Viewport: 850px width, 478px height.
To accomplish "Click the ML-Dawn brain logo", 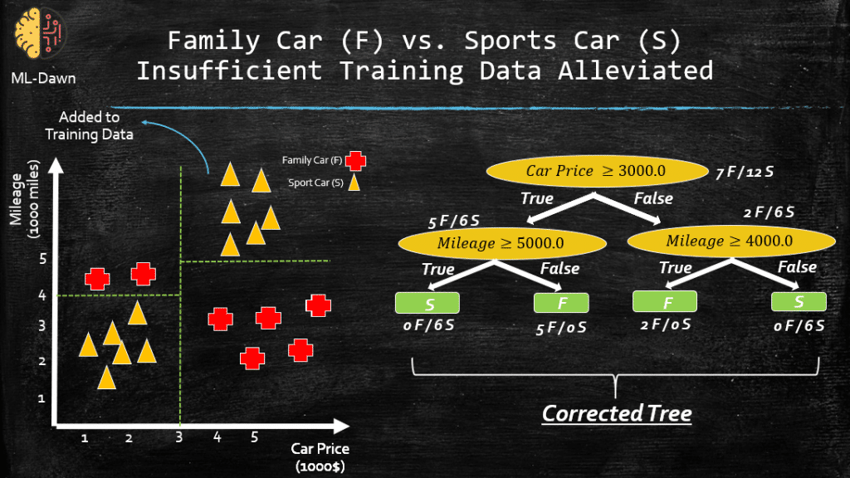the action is [x=40, y=33].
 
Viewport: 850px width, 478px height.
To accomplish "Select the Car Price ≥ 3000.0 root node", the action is [x=597, y=171].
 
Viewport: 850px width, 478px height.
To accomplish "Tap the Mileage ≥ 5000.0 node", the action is [x=501, y=243].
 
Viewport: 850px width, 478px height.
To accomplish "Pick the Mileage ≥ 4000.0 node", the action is [x=730, y=241].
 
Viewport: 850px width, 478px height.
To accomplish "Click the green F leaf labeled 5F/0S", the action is [x=561, y=303].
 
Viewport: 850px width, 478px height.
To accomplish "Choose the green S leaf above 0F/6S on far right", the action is [x=799, y=301].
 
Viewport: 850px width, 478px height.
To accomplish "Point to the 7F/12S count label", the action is [x=745, y=173].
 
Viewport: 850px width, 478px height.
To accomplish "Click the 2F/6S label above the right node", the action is [x=769, y=212].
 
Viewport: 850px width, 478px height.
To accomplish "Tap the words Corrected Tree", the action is [x=617, y=413].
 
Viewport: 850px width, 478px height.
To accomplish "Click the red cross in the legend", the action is [x=355, y=160].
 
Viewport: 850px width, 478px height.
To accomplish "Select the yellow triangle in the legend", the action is [x=354, y=183].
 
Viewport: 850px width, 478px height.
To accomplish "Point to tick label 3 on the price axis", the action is [x=179, y=437].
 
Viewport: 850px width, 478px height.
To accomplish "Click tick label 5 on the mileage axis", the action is [x=43, y=259].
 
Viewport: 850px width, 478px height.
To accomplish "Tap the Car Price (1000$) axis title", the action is [x=320, y=457].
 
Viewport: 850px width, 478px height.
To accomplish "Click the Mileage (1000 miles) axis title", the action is [x=25, y=199].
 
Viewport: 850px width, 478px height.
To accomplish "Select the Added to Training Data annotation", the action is [x=89, y=126].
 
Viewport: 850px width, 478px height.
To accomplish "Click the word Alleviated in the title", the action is [x=635, y=71].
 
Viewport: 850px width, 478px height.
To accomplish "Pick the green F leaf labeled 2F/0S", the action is [x=665, y=301].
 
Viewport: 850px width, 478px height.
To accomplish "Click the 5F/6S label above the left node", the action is [x=454, y=221].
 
